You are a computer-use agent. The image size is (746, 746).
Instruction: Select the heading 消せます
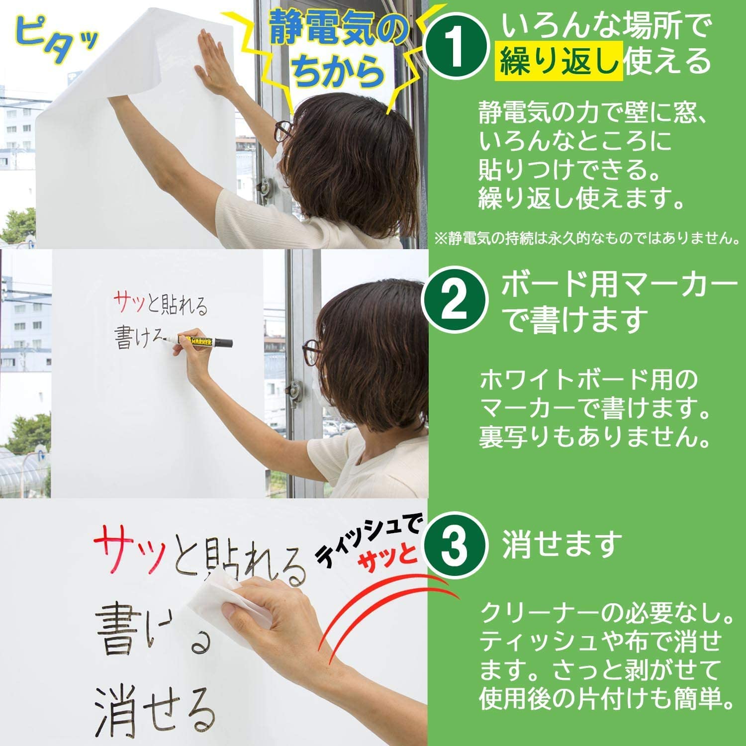561,545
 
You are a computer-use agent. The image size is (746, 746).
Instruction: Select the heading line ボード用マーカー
619,287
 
